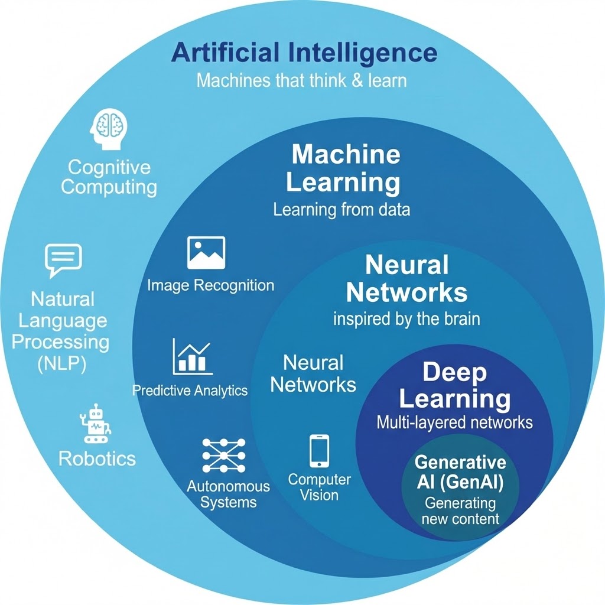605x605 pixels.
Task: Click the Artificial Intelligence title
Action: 304,53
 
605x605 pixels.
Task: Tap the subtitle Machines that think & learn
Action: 301,80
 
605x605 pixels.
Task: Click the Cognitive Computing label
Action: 109,177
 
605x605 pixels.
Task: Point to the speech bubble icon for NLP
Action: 63,260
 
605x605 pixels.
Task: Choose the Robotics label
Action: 97,458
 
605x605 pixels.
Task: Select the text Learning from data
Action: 341,210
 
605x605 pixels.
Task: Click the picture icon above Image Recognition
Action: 206,252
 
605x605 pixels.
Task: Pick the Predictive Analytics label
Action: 190,391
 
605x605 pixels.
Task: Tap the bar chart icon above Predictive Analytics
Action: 191,356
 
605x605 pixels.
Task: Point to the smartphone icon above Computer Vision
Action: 319,451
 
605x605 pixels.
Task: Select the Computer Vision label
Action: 319,487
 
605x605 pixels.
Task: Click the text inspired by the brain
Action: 406,320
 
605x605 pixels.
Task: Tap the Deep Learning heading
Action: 454,386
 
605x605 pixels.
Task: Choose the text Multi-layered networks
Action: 454,422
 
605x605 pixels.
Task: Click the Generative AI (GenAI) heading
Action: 460,471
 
